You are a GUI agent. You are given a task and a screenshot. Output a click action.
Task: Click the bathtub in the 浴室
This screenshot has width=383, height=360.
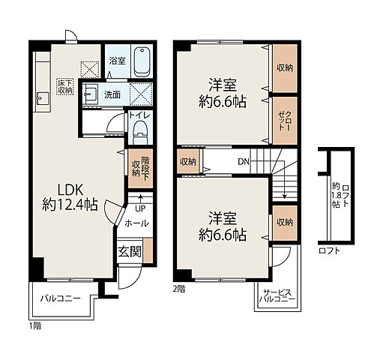click(142, 62)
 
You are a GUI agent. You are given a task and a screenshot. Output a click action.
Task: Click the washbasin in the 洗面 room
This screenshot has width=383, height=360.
click(89, 94)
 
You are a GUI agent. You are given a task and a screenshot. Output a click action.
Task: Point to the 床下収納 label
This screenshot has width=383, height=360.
click(65, 87)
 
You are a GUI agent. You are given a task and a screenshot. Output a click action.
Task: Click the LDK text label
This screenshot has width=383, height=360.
click(70, 190)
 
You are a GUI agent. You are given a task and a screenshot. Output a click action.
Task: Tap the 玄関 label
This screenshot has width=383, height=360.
click(130, 251)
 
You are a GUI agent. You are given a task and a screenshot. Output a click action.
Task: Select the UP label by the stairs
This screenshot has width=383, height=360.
click(140, 208)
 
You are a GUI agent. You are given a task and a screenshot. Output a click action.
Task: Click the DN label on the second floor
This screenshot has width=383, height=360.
click(244, 162)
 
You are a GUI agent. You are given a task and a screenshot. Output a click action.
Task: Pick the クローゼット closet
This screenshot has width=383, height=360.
click(285, 121)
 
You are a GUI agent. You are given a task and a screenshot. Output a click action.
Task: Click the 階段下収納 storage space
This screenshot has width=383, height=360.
click(140, 168)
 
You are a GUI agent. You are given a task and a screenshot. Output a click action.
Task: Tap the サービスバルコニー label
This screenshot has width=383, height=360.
click(277, 295)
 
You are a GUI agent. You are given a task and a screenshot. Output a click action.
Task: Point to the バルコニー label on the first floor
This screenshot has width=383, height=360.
click(61, 298)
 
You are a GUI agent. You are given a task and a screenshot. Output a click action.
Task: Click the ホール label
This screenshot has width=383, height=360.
click(136, 223)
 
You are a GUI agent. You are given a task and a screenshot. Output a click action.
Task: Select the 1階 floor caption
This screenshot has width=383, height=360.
click(35, 326)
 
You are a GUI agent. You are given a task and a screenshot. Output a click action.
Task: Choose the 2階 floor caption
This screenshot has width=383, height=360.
click(179, 289)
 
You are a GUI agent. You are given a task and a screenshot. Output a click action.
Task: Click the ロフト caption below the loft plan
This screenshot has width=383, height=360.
click(329, 250)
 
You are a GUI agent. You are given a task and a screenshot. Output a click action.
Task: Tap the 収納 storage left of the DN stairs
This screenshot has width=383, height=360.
click(188, 161)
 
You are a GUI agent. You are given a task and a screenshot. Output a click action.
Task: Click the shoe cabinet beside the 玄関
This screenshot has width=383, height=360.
click(148, 250)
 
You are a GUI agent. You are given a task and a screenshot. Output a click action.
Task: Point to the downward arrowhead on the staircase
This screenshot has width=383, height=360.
click(284, 196)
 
